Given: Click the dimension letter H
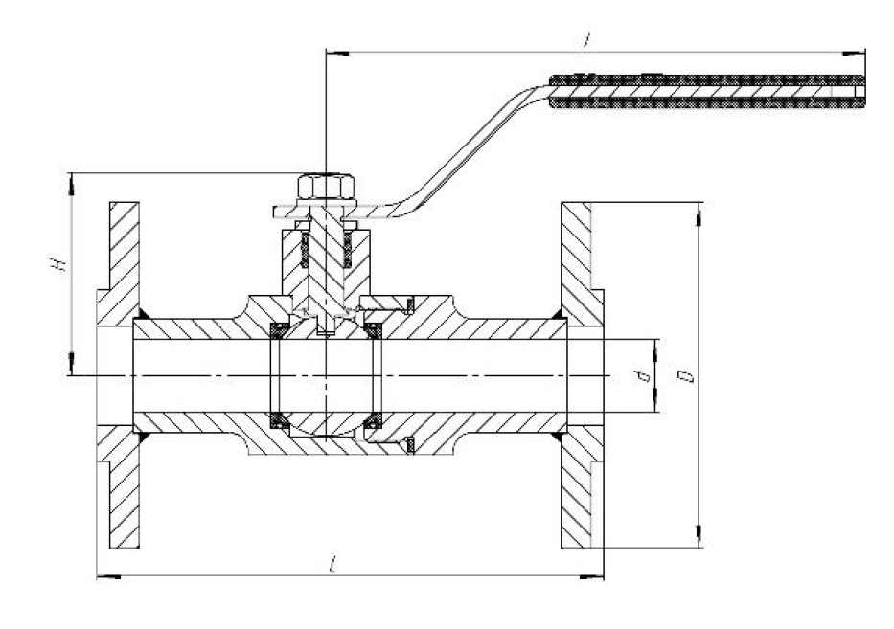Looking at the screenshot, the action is click(x=58, y=264).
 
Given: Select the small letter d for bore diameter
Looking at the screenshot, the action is click(x=644, y=376).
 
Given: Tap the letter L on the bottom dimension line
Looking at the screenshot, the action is click(x=332, y=565).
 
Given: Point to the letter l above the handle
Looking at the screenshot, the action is click(x=586, y=40).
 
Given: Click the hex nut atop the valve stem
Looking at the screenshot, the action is click(x=326, y=187).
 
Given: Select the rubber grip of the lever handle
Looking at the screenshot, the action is click(x=707, y=91).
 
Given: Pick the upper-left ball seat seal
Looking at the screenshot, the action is click(x=280, y=330).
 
